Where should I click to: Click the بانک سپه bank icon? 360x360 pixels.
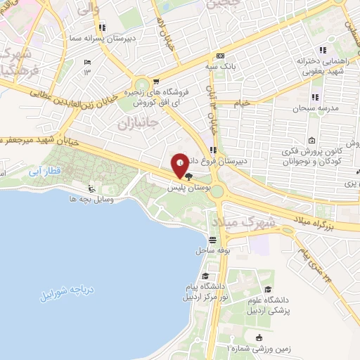click(x=221, y=56)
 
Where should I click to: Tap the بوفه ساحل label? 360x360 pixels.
click(x=211, y=251)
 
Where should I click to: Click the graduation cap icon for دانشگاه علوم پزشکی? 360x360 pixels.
click(x=268, y=290)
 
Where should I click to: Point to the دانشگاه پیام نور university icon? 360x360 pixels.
click(x=205, y=276)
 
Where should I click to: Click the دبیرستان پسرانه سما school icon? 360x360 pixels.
click(x=102, y=28)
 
